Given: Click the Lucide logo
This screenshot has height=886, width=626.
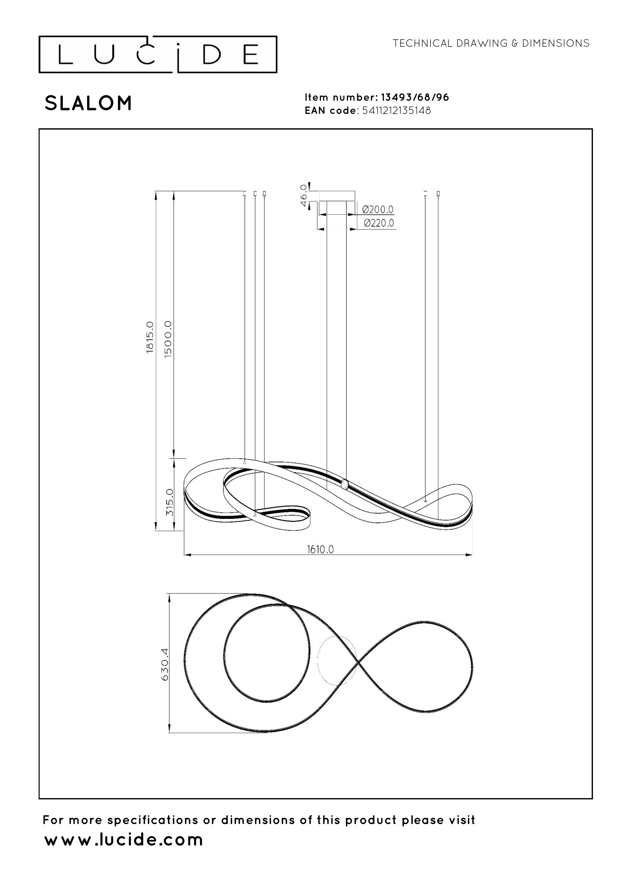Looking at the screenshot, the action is pyautogui.click(x=158, y=54).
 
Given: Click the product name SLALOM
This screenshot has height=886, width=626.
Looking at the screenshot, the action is pyautogui.click(x=88, y=103).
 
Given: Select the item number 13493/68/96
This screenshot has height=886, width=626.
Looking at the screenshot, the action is pyautogui.click(x=415, y=97).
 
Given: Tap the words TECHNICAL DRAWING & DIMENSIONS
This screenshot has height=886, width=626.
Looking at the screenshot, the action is pyautogui.click(x=491, y=43).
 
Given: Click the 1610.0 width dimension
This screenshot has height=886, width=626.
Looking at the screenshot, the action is pyautogui.click(x=320, y=549).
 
